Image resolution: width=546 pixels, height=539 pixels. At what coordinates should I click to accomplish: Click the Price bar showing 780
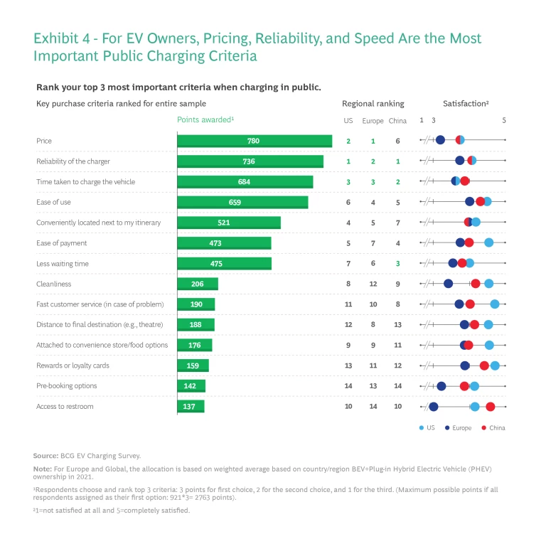point(254,141)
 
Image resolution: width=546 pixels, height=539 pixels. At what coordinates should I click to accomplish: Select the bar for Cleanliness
point(197,284)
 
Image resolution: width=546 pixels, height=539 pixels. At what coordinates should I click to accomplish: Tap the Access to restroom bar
point(190,406)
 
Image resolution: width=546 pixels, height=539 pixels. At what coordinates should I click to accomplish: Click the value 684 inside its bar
point(244,182)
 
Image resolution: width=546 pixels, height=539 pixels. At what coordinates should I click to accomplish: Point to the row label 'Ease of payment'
point(61,243)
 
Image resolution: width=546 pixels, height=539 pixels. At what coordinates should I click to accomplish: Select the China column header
point(397,121)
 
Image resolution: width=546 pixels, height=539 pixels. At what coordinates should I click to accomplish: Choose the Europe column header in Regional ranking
point(373,121)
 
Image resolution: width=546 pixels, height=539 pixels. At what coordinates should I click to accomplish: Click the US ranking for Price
point(348,141)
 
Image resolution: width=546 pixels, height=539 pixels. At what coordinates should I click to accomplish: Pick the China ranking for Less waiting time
point(397,264)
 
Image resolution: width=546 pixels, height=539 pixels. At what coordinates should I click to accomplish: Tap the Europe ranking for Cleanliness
point(373,284)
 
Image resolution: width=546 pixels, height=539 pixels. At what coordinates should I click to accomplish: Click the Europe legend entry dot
point(446,427)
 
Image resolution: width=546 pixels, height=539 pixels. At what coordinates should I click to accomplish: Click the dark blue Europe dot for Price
point(440,140)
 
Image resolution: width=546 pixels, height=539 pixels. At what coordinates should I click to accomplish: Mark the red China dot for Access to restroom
point(491,406)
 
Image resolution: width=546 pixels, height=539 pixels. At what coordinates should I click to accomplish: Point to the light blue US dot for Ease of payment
point(488,242)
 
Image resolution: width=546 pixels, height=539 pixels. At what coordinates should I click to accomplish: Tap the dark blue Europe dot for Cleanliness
point(448,284)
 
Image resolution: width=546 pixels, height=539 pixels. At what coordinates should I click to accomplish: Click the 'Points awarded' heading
point(205,119)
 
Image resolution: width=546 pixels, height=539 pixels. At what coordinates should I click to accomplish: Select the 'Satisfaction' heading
point(466,104)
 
